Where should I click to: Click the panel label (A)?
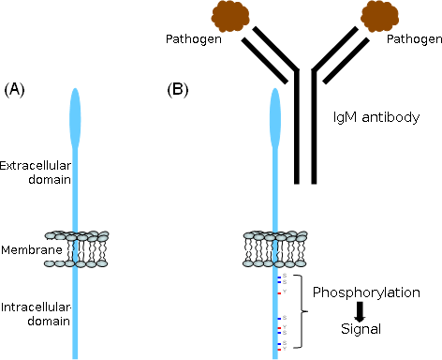[17, 90]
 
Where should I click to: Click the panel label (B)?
[179, 90]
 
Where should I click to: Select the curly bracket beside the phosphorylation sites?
[299, 310]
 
